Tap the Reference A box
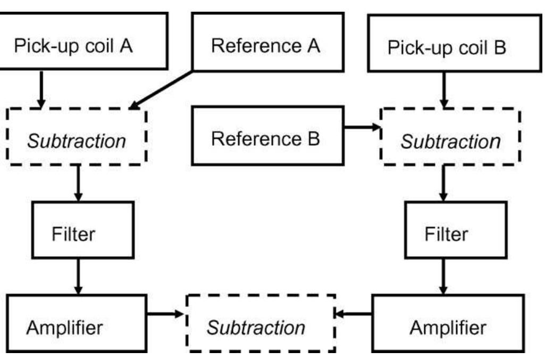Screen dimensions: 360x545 (x=265, y=46)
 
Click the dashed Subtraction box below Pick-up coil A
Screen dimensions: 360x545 (x=77, y=141)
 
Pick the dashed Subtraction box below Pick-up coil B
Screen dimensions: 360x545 (x=450, y=141)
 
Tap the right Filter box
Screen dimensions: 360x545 (x=447, y=233)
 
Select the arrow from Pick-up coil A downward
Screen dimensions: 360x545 (x=41, y=88)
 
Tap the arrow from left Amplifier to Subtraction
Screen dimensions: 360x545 (x=166, y=315)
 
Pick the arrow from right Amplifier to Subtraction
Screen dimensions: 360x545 (x=355, y=315)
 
